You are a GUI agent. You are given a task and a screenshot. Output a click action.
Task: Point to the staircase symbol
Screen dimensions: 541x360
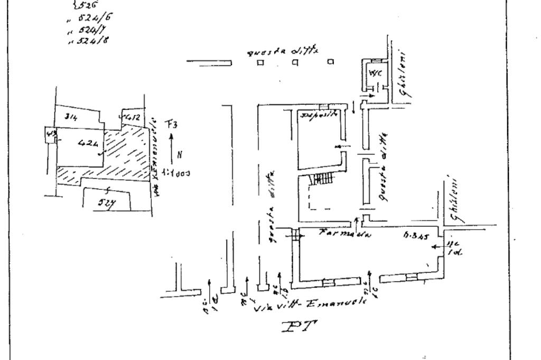pyautogui.click(x=320, y=180)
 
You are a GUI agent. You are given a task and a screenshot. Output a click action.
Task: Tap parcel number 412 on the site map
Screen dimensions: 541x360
pyautogui.click(x=132, y=115)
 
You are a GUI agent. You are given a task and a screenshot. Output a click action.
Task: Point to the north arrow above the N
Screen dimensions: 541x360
pyautogui.click(x=172, y=142)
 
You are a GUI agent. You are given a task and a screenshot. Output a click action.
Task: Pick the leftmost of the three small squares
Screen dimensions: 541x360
pyautogui.click(x=260, y=62)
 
